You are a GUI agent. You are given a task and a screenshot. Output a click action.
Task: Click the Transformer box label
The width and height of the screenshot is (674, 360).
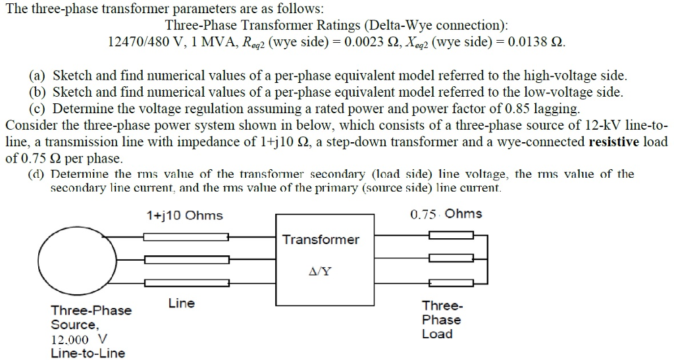pos(321,240)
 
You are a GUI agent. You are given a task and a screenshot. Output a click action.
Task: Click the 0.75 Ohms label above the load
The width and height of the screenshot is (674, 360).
pos(446,214)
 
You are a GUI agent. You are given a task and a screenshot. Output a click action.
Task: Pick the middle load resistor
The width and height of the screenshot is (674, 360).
pos(441,259)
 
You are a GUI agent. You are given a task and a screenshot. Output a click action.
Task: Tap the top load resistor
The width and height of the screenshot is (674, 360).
pos(441,235)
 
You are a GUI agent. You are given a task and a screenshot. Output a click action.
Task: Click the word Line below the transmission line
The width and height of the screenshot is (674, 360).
pos(181,303)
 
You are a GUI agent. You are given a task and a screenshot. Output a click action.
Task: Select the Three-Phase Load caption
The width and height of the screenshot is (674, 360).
pos(441,320)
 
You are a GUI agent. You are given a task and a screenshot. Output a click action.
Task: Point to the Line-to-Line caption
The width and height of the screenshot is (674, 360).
pos(88,353)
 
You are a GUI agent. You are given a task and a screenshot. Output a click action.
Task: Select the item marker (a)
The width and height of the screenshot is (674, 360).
pos(38,76)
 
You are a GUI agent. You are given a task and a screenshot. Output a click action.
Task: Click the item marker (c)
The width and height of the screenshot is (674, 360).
pos(38,107)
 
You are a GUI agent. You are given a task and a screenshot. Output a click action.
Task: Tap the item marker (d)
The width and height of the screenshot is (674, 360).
pos(38,174)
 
